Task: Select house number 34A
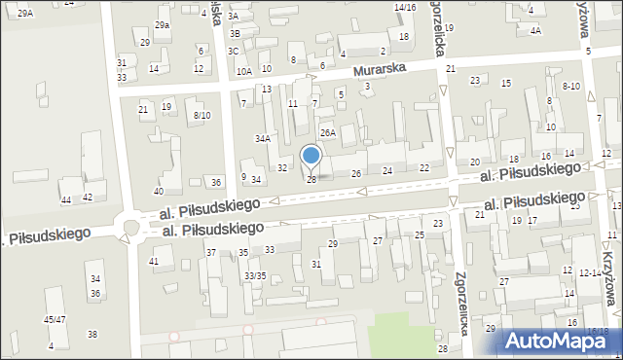(263, 139)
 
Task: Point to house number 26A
(328, 132)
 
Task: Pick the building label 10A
(243, 71)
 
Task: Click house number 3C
(234, 51)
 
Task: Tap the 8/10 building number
(202, 116)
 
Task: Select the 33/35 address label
(255, 276)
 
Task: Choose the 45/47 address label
(55, 319)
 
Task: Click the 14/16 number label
(405, 8)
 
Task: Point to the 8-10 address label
(570, 87)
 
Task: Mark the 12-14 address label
(590, 274)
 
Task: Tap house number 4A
(535, 31)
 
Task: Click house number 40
(159, 191)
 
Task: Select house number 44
(66, 199)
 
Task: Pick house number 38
(92, 335)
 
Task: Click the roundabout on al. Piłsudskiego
(129, 230)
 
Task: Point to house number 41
(154, 262)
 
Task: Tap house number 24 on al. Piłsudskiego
(387, 171)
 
